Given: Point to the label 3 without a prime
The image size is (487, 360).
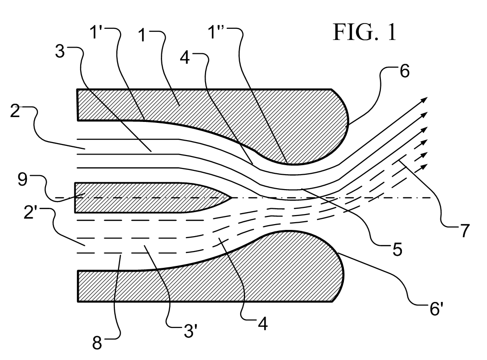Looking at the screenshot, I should click(60, 52).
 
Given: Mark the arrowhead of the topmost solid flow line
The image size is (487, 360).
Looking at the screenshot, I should click(425, 98).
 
